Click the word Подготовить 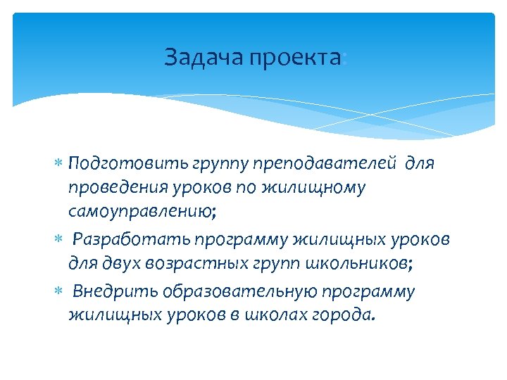point(128,164)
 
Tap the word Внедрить point(115,291)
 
